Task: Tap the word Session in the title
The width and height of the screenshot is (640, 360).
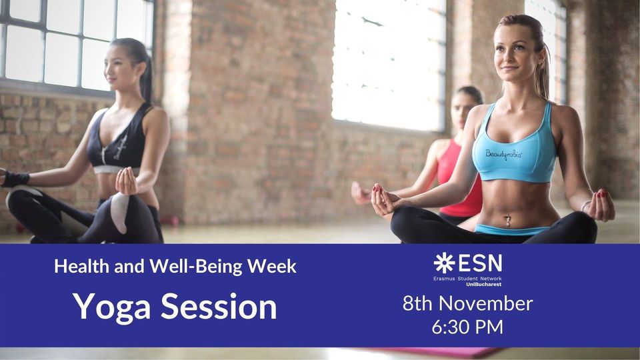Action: [x=219, y=307]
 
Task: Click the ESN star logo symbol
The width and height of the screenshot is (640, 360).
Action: [x=444, y=263]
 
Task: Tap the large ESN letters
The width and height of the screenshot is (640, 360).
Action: [x=480, y=263]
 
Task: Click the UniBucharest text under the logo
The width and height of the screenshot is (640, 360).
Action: [x=484, y=284]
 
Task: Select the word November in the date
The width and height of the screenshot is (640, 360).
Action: [x=486, y=304]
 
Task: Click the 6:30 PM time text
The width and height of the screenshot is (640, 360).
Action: [x=467, y=327]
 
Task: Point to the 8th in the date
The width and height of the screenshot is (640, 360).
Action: [x=419, y=304]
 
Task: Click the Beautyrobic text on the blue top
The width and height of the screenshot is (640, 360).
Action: [x=504, y=154]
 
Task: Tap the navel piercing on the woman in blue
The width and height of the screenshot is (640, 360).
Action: [x=508, y=221]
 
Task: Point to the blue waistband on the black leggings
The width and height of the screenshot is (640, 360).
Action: [x=510, y=229]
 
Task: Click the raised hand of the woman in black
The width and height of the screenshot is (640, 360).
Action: [x=127, y=181]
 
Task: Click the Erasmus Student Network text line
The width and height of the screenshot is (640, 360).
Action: [x=467, y=279]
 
